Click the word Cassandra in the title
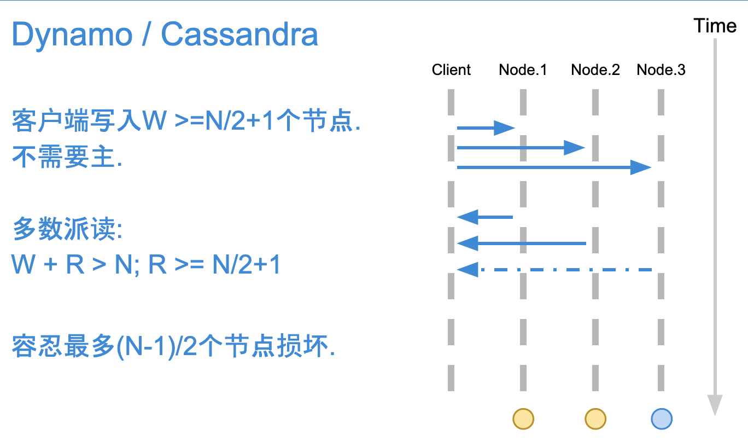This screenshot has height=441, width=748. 239,34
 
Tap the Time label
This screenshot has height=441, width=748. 715,26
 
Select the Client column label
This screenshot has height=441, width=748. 451,70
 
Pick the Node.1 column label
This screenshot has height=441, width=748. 523,70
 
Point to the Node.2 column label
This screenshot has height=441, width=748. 595,70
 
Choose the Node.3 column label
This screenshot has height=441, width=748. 661,70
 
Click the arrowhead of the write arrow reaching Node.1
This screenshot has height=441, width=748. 504,128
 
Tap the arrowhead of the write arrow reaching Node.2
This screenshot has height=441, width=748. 574,148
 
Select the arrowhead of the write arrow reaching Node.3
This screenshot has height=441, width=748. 641,167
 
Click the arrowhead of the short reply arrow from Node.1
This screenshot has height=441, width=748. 467,217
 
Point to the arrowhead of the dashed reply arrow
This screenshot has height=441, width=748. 467,270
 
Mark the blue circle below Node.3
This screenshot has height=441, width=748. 662,419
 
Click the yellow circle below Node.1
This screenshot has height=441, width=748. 523,419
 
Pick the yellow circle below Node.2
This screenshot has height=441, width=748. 595,419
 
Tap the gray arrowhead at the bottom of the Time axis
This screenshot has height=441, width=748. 715,405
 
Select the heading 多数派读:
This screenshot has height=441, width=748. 67,229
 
